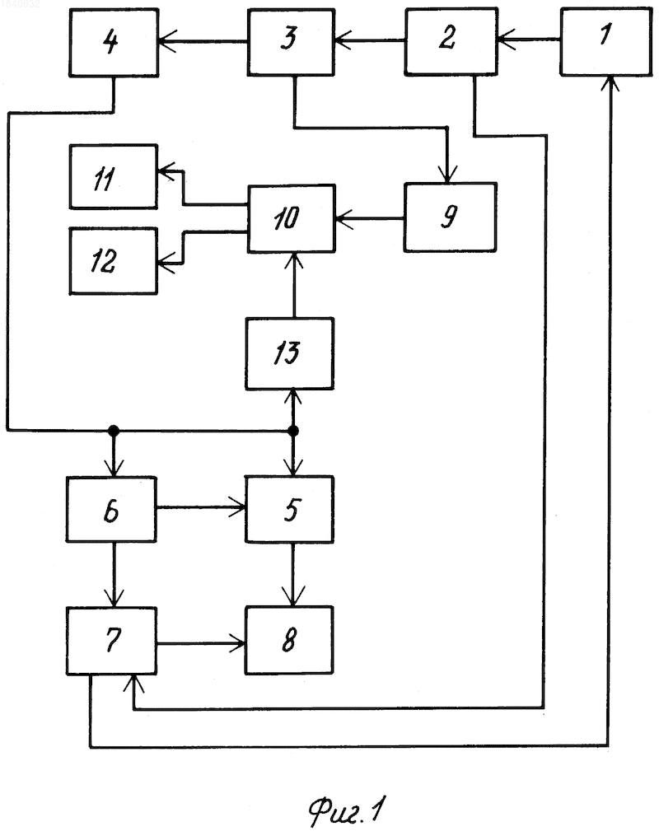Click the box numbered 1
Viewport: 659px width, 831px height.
pos(606,42)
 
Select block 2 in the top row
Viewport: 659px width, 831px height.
pos(451,41)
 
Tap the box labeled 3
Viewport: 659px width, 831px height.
pos(291,42)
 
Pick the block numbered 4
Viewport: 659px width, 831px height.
pos(114,42)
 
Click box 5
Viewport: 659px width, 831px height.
pos(289,509)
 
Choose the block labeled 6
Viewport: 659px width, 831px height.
pos(111,509)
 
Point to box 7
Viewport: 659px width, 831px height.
pos(111,641)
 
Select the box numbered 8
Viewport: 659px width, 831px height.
pos(289,640)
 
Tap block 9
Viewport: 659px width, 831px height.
pos(451,217)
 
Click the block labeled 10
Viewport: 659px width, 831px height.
pos(292,218)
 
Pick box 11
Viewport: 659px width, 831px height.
pos(114,177)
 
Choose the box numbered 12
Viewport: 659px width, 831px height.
pos(114,261)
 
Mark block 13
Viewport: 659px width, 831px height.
pos(290,354)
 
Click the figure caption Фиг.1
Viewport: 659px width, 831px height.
pos(347,810)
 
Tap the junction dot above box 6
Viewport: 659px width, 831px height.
pos(114,431)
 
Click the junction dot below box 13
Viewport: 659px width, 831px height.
pos(293,431)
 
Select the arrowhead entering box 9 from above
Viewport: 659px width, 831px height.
pos(448,175)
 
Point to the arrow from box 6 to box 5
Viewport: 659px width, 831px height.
pos(201,507)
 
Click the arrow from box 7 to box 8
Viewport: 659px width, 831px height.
pos(201,644)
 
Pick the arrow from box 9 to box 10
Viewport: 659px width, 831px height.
pos(370,217)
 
